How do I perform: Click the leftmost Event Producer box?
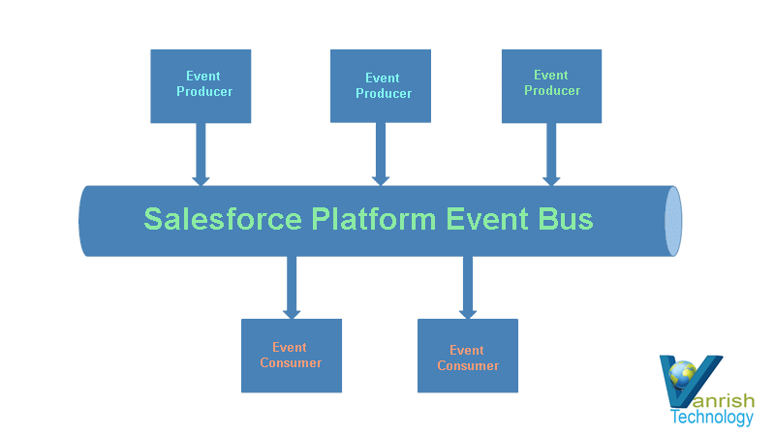click(x=201, y=86)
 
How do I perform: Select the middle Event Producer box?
click(x=381, y=86)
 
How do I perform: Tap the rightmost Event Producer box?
click(x=551, y=86)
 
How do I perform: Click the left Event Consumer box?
click(x=292, y=356)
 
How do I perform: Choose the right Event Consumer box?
click(x=468, y=356)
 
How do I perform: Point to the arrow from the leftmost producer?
click(x=201, y=154)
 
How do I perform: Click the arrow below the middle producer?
click(x=381, y=154)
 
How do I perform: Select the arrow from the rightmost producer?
click(x=551, y=154)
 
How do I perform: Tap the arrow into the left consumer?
click(x=292, y=288)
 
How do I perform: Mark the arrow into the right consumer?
click(x=468, y=288)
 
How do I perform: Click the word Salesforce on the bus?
click(x=223, y=219)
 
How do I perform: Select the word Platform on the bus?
click(x=374, y=219)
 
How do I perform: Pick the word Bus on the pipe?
click(x=566, y=219)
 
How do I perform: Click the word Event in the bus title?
click(x=487, y=219)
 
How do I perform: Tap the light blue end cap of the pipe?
click(x=673, y=221)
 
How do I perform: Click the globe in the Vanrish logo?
click(x=683, y=375)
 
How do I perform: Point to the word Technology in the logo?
click(x=712, y=417)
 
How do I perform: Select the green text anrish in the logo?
click(x=725, y=400)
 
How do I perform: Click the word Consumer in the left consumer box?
click(x=291, y=362)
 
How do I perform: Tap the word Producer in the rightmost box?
click(x=552, y=90)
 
